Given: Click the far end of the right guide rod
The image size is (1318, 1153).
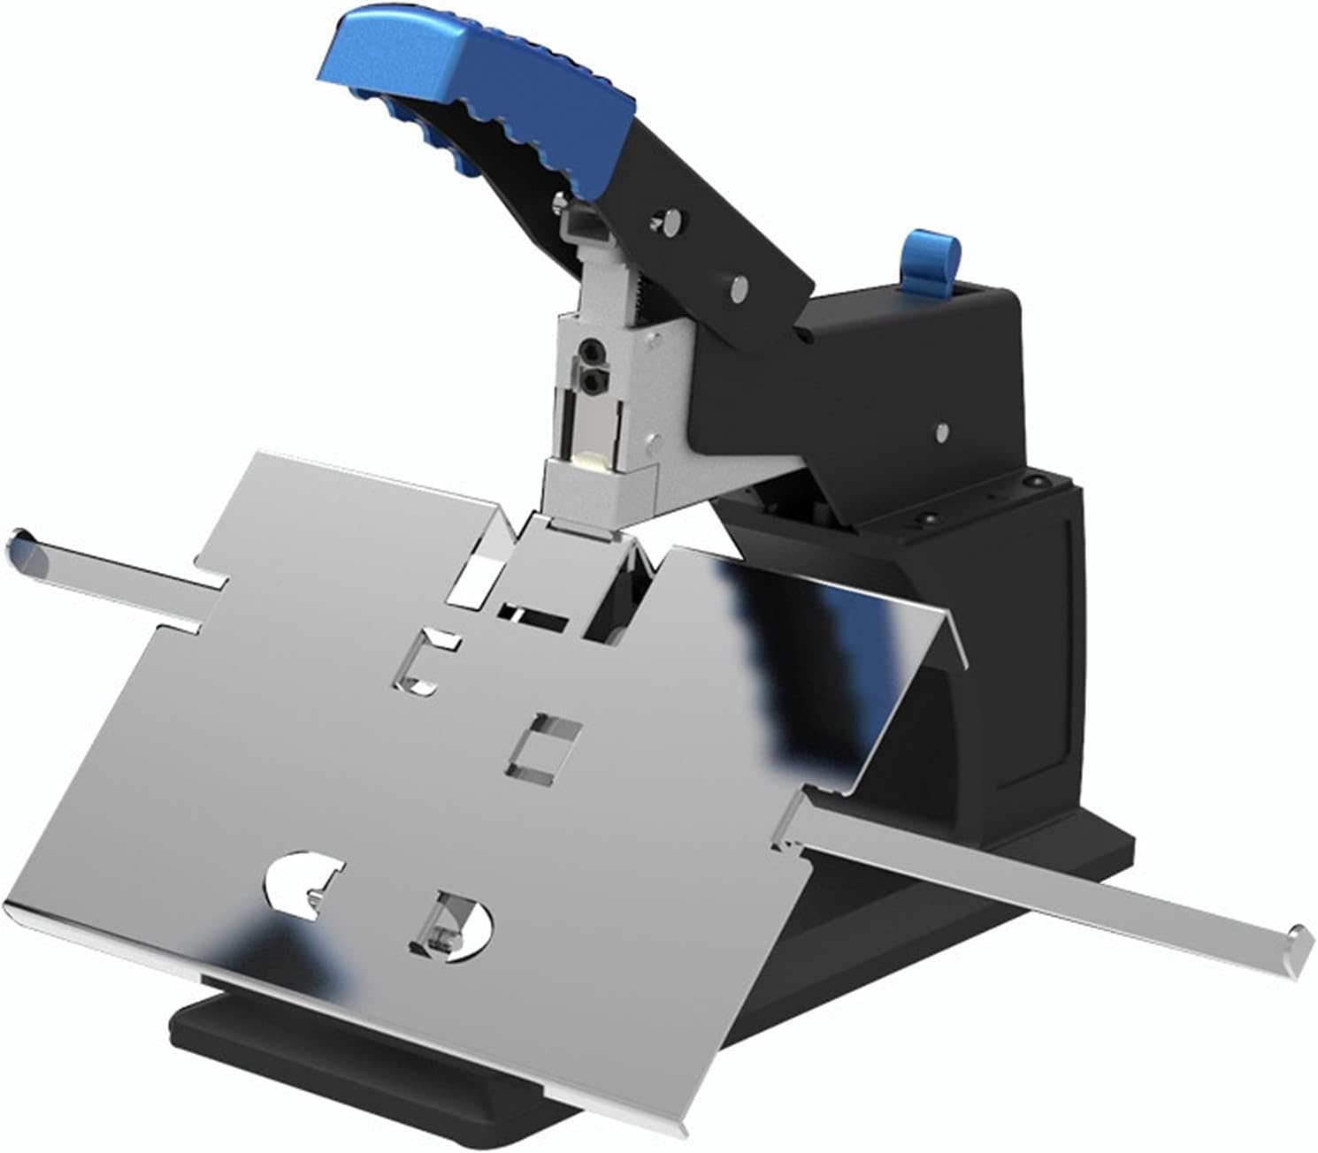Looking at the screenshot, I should (1300, 937).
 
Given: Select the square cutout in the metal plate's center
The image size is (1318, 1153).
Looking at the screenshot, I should (543, 748).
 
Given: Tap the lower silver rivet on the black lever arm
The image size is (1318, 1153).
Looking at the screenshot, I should (739, 284).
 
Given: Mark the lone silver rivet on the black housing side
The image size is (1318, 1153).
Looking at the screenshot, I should (944, 432).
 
